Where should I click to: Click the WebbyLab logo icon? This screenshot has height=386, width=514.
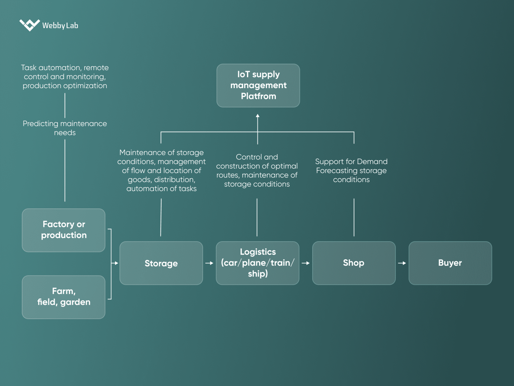pos(30,25)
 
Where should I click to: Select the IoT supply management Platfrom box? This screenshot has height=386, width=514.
pos(258,86)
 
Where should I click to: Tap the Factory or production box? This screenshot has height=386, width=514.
pos(64,230)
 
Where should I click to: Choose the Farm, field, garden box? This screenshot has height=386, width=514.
pos(64,297)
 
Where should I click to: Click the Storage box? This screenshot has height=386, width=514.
pos(161,263)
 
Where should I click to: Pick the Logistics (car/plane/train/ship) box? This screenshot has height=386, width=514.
pos(258,263)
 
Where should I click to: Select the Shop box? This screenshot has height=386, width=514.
pos(354,263)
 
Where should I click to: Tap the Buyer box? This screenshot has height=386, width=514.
pos(450,263)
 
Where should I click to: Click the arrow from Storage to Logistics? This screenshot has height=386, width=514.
pos(209,263)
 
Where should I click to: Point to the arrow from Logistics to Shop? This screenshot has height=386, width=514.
pos(306,263)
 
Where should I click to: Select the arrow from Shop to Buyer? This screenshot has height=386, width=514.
pos(402,263)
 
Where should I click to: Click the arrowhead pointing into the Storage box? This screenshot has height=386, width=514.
pos(116,263)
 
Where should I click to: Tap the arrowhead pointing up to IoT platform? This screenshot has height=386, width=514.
pos(258,116)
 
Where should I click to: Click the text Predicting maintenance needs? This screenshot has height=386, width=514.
pos(65,128)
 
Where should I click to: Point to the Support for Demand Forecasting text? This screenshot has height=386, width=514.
pos(351,170)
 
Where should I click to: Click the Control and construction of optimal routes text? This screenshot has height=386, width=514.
pos(257,170)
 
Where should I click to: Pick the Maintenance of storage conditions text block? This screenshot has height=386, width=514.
pos(161,170)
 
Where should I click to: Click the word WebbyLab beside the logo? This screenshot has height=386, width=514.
pos(60,25)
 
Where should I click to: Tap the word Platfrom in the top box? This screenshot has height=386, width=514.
pos(258,96)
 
